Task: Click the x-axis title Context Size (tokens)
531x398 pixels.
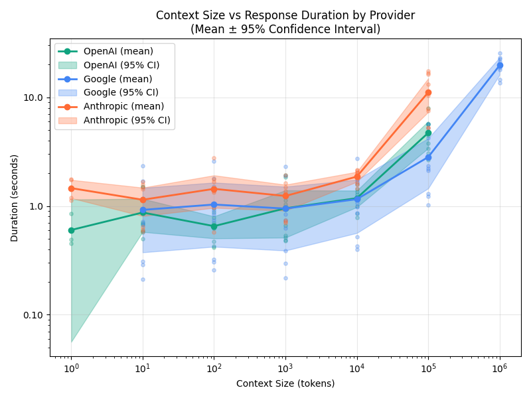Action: pyautogui.click(x=285, y=383)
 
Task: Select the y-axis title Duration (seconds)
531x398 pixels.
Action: pyautogui.click(x=15, y=198)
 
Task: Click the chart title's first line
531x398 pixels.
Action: pyautogui.click(x=285, y=15)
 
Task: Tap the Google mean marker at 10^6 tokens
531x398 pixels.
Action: pyautogui.click(x=500, y=65)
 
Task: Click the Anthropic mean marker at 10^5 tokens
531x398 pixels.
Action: pyautogui.click(x=428, y=93)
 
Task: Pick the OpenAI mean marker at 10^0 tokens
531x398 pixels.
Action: pyautogui.click(x=71, y=230)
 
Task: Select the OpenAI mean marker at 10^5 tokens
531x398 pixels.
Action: pyautogui.click(x=428, y=133)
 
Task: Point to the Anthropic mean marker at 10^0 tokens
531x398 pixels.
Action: pyautogui.click(x=71, y=188)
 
